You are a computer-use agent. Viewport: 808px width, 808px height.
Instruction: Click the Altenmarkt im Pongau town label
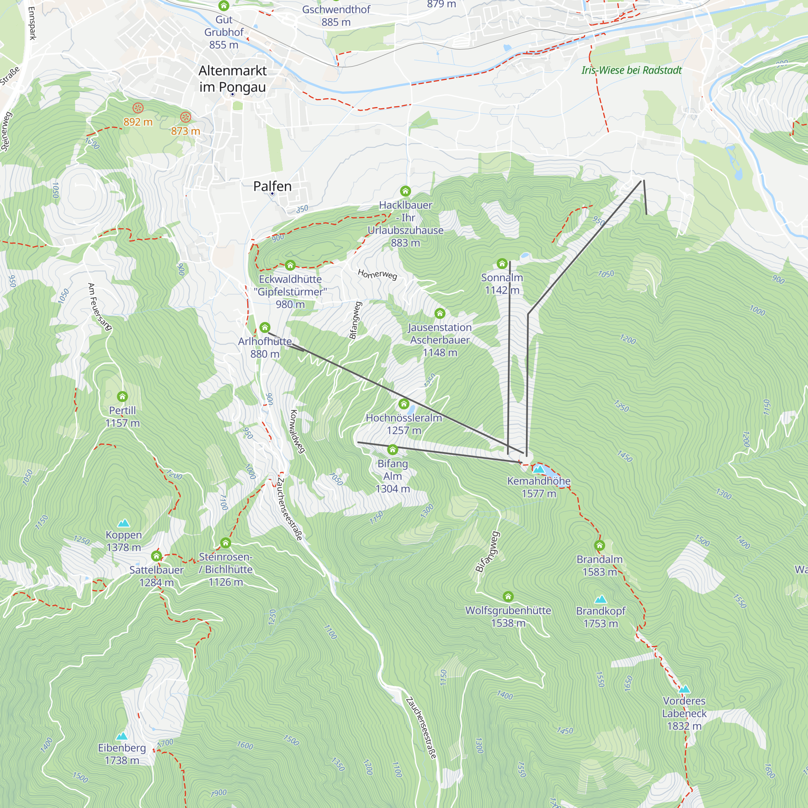coord(232,79)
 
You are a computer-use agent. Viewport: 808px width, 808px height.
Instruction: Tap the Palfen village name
coord(272,186)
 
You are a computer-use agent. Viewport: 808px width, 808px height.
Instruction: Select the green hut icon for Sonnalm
coord(502,263)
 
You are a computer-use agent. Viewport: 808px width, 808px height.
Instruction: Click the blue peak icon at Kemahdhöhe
coord(539,469)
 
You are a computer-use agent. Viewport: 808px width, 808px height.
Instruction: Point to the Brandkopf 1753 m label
coord(601,617)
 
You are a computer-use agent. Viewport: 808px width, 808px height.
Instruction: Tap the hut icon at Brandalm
coord(599,545)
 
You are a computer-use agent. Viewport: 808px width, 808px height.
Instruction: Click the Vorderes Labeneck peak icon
coord(684,689)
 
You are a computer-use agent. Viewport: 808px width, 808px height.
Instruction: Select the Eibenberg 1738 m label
coord(122,754)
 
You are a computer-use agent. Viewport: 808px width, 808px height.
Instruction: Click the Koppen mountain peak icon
coord(123,523)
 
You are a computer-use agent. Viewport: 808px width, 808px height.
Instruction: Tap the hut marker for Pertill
coord(122,396)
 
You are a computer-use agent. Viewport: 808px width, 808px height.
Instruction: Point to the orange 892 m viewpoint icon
coord(138,108)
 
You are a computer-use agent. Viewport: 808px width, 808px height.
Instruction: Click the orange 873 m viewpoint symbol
coord(186,117)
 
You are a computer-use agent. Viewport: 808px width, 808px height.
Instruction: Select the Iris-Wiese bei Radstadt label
coord(631,70)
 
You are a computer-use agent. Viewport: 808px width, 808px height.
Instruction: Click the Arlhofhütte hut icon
coord(265,327)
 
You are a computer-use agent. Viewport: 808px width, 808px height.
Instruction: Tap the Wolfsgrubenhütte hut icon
coord(508,596)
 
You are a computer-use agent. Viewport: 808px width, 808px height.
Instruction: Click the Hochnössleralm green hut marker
coord(404,404)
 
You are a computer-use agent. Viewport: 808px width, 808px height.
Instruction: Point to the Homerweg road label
coord(377,274)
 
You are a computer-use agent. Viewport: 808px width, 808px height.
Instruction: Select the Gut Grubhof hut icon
coord(224,5)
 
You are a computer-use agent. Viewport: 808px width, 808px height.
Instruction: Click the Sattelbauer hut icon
coord(156,556)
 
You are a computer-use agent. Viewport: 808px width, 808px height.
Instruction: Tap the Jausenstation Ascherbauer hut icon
coord(440,313)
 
